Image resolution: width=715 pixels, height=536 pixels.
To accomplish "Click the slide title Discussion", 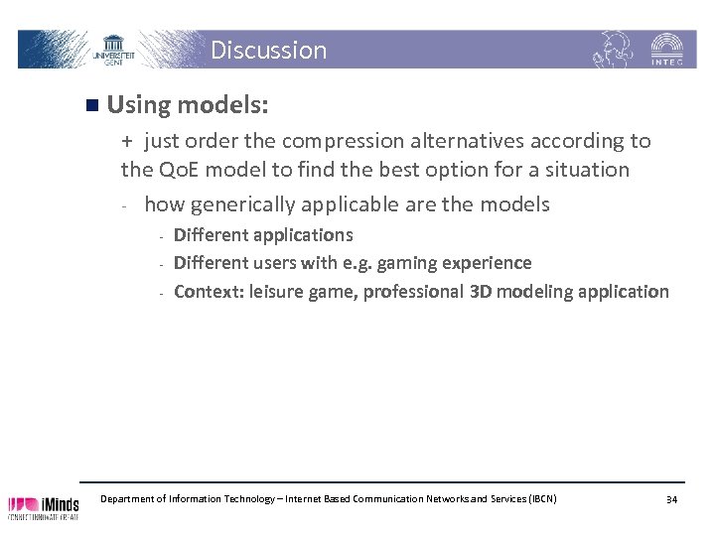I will click(268, 50).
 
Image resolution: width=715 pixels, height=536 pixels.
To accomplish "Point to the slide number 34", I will click(671, 498).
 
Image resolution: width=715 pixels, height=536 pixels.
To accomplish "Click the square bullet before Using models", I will click(91, 103).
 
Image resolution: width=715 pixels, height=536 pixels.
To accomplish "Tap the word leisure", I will click(277, 291).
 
